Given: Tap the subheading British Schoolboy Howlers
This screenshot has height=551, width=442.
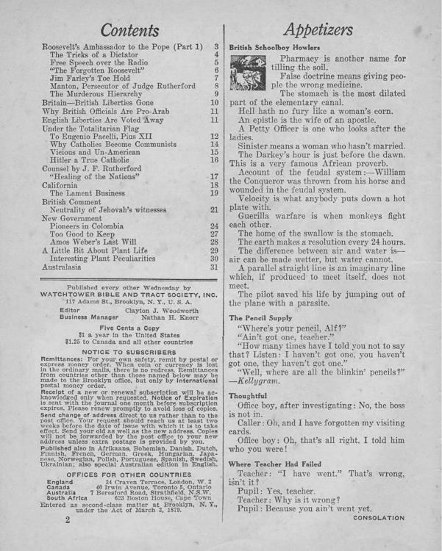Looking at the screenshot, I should [x=273, y=45].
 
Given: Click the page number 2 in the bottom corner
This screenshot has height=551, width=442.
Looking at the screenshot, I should [x=66, y=518].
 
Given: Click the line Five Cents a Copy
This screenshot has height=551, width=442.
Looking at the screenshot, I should [x=127, y=328].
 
